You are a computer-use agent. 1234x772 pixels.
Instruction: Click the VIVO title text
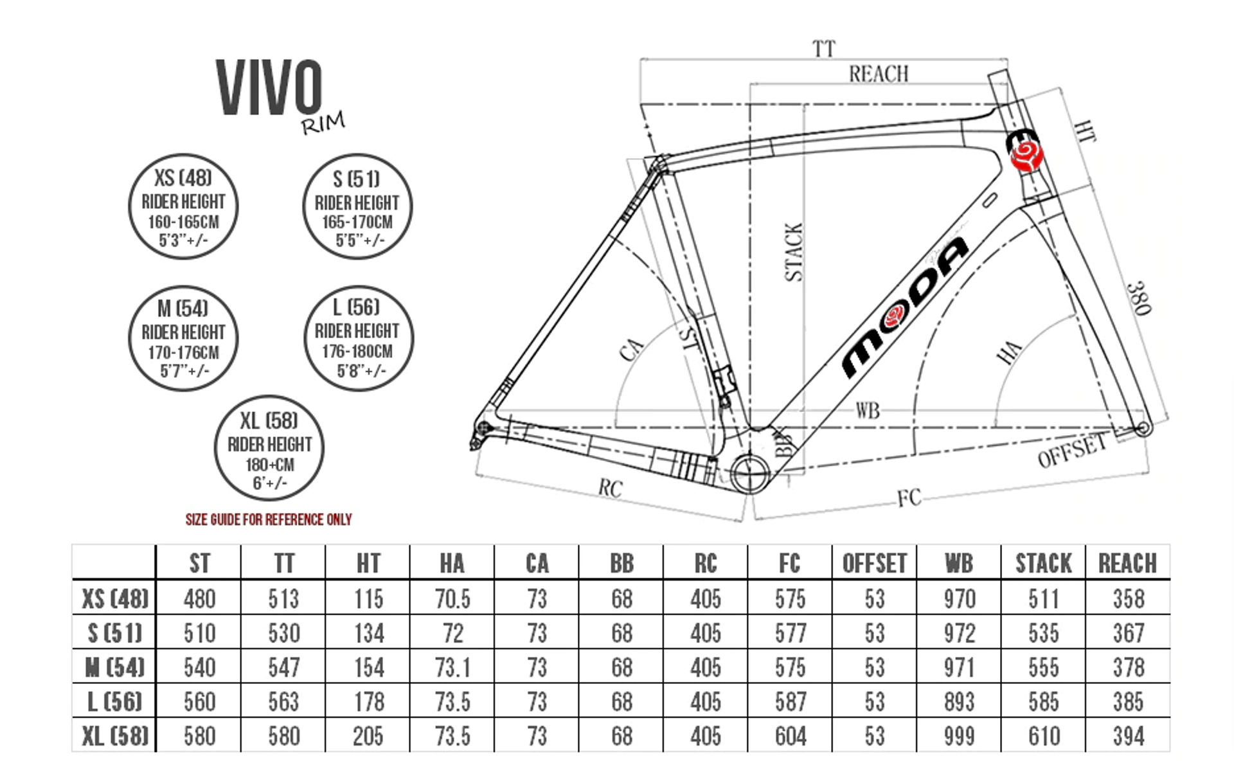269,87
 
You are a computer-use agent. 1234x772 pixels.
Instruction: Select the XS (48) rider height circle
183,206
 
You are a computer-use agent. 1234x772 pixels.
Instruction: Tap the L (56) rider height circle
358,338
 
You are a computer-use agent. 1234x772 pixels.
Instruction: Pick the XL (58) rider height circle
269,448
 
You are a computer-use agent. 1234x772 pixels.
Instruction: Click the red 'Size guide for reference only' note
269,519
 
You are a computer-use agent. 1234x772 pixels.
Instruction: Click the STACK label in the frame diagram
794,252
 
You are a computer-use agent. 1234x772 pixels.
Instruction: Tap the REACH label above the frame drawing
879,74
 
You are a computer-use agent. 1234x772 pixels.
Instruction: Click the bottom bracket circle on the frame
749,474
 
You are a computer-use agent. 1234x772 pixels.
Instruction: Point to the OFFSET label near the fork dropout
1073,450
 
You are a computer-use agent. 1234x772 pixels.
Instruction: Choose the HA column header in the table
452,564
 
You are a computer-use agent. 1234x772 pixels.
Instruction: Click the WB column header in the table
959,564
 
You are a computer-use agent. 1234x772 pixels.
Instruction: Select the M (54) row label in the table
115,667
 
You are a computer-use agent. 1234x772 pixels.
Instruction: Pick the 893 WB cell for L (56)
959,702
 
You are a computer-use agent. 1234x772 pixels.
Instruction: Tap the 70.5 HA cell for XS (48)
452,599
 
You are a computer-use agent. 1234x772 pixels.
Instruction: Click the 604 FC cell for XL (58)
790,736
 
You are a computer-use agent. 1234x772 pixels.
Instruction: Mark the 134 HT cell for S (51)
369,634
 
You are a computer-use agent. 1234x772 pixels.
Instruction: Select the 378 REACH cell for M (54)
1129,667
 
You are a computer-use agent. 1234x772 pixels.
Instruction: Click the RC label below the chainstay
610,489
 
